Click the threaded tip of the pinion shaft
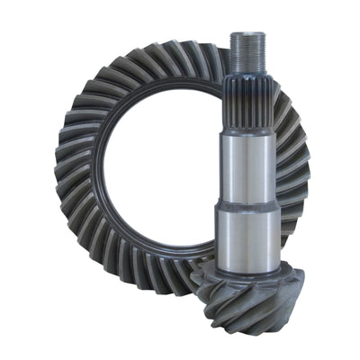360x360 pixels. [x=247, y=49]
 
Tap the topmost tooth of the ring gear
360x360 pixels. [x=171, y=51]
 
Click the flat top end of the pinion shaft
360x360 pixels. [x=247, y=33]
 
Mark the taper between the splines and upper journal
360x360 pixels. [x=247, y=126]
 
